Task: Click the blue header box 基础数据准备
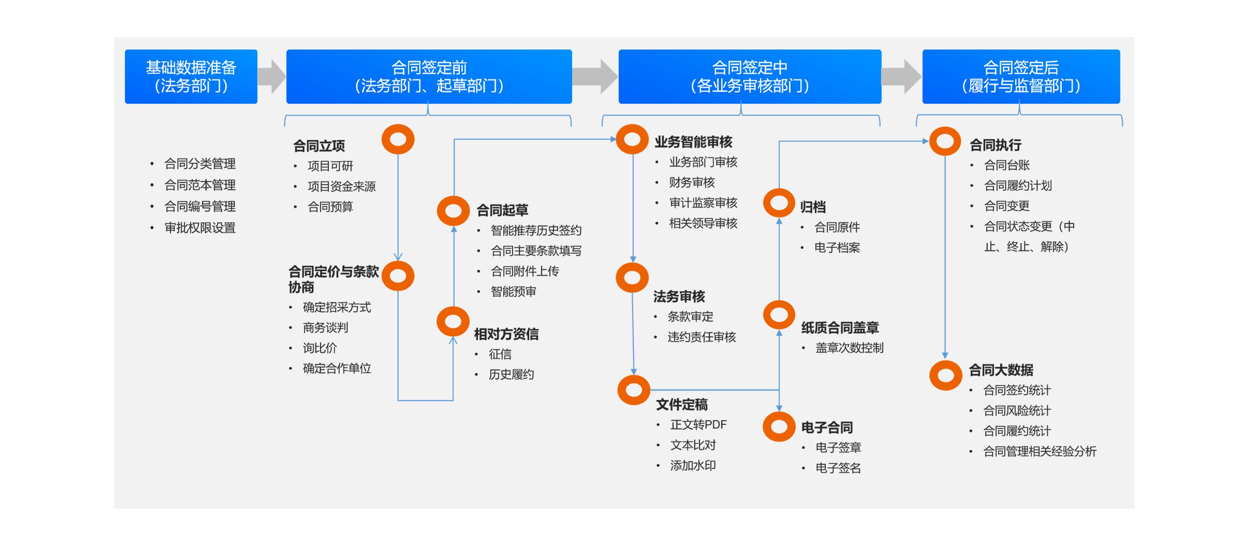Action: pyautogui.click(x=191, y=77)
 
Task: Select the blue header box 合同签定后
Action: pyautogui.click(x=1021, y=77)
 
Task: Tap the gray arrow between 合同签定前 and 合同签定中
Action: pyautogui.click(x=595, y=77)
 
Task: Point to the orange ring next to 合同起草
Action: pyautogui.click(x=453, y=211)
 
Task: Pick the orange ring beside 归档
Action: pyautogui.click(x=779, y=203)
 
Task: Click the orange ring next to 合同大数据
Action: pyautogui.click(x=945, y=375)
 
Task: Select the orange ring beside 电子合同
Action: pyautogui.click(x=779, y=426)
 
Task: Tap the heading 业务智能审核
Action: pyautogui.click(x=693, y=142)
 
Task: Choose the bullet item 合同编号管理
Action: pyautogui.click(x=200, y=207)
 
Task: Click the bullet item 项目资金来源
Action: pyautogui.click(x=341, y=186)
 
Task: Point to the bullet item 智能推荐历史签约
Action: pyautogui.click(x=536, y=231)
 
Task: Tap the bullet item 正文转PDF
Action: pyautogui.click(x=698, y=425)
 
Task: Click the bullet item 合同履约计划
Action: pyautogui.click(x=1017, y=186)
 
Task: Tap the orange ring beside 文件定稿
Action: pyautogui.click(x=633, y=390)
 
